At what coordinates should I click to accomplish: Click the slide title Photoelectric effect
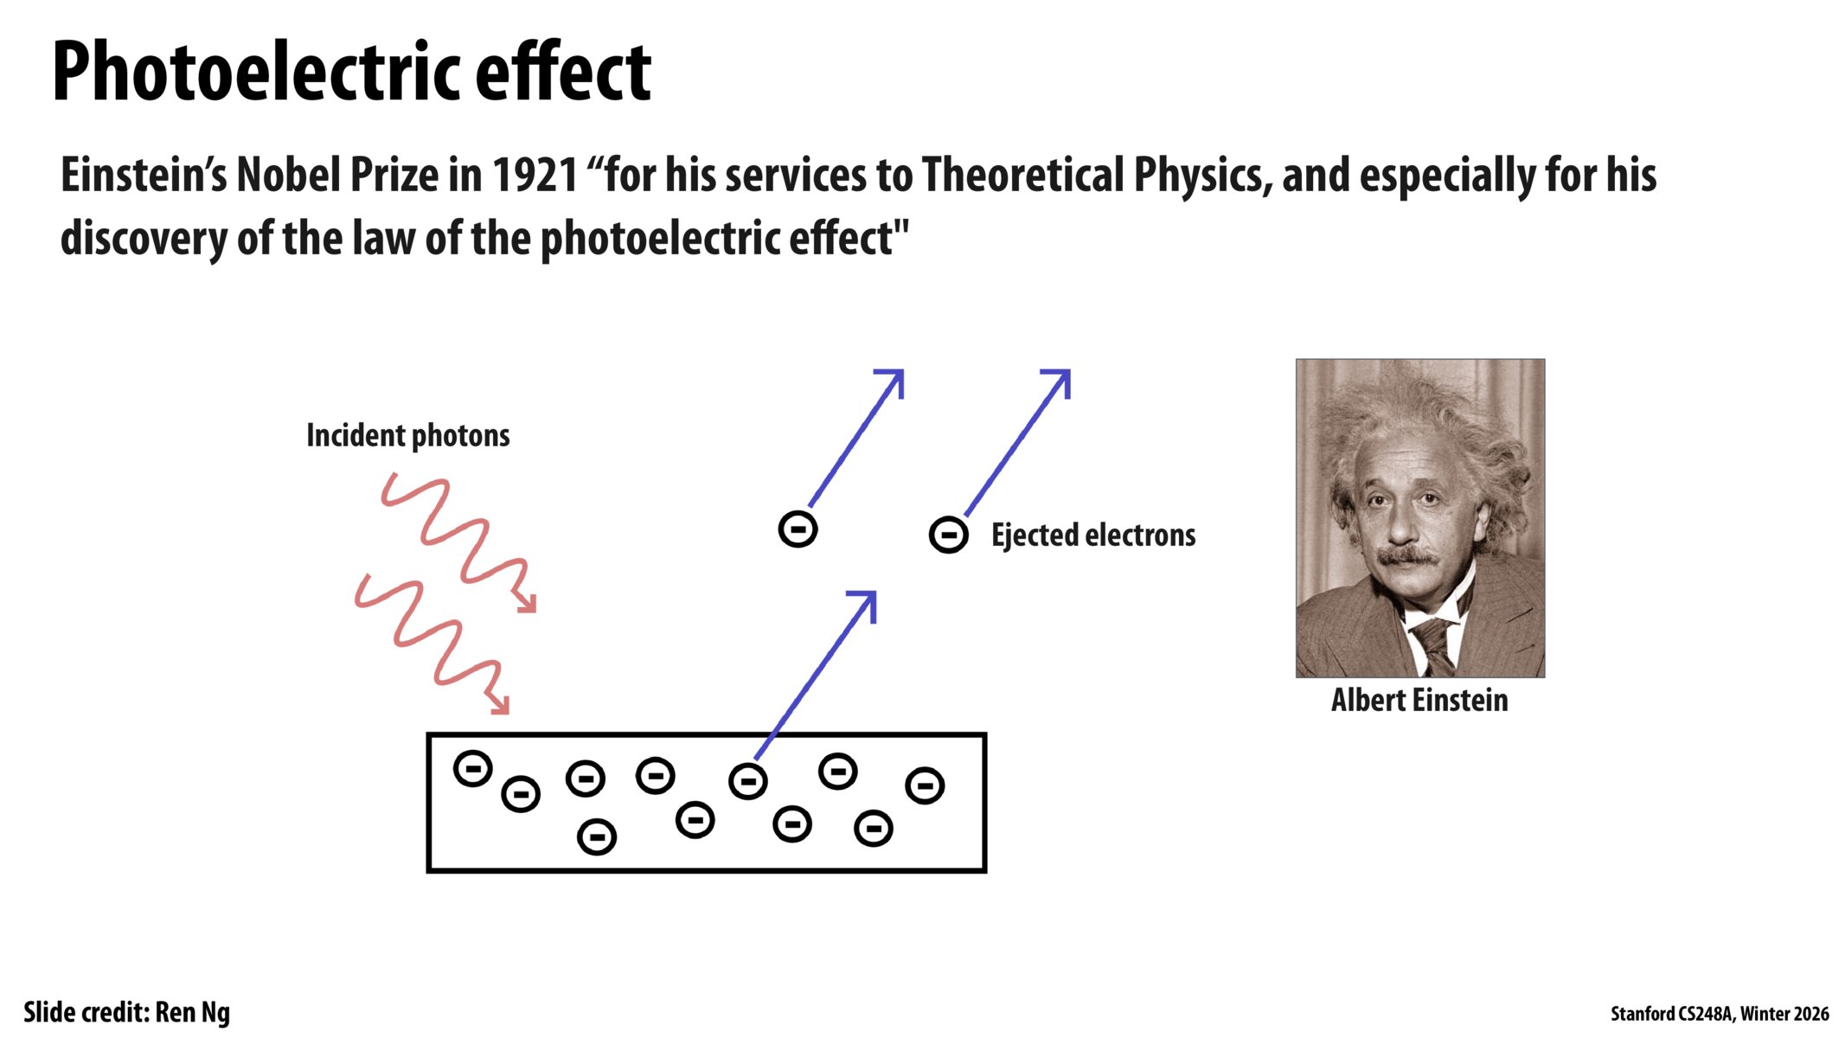(x=351, y=73)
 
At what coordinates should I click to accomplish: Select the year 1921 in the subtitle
(x=535, y=176)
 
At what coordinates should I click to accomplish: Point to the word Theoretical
(x=1022, y=176)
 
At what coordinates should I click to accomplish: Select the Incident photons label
(x=407, y=435)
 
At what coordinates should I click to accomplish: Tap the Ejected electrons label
(x=1092, y=535)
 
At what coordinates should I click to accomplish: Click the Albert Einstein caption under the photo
(x=1419, y=700)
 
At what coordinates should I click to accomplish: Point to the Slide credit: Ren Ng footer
(x=126, y=1012)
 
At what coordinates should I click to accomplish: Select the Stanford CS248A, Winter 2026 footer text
(x=1719, y=1014)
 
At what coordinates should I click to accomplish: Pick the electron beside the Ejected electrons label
(x=948, y=535)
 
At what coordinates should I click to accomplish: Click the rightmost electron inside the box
(x=924, y=785)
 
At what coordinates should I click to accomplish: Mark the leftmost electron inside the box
(x=472, y=768)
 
